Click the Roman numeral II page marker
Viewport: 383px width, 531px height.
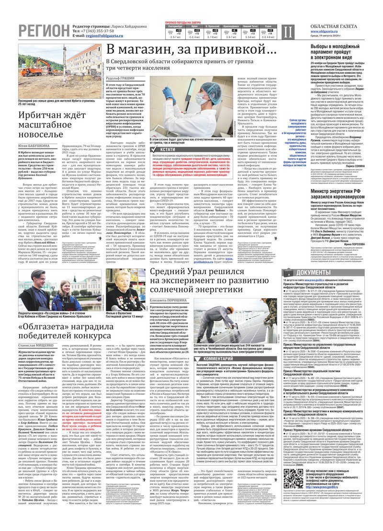[x=287, y=32]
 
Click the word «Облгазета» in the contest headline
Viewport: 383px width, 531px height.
[x=44, y=327]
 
